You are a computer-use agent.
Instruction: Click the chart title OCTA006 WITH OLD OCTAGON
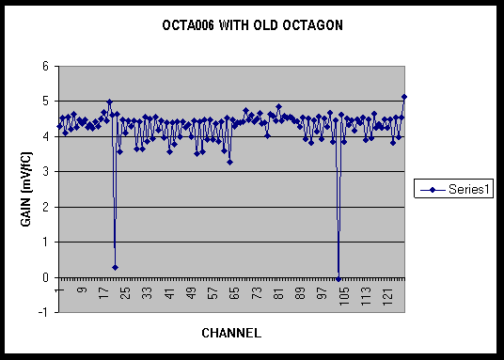252,25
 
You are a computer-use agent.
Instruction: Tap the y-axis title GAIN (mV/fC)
26,189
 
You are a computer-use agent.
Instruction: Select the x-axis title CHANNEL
231,333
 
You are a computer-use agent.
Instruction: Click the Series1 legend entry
453,189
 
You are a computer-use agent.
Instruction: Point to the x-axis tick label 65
235,293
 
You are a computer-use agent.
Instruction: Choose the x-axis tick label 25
127,293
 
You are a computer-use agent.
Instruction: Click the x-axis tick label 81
278,293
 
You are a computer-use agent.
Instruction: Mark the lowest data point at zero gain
339,279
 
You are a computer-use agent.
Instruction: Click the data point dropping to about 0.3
115,268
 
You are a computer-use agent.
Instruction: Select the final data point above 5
404,97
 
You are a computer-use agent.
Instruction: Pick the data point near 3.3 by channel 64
229,163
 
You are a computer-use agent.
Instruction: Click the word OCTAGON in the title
313,25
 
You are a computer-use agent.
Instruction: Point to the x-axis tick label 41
170,293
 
